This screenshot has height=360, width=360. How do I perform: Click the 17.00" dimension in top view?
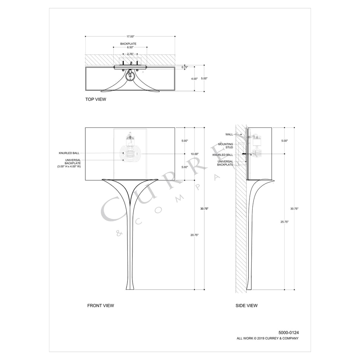pos(130,36)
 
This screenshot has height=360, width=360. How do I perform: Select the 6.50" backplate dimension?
pos(130,47)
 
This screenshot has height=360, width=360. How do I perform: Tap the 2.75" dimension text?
pos(130,54)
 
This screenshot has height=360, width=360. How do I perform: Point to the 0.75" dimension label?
pos(185,67)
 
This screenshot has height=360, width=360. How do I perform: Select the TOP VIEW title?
pos(96,99)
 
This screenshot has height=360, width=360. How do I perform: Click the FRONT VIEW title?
pos(100,306)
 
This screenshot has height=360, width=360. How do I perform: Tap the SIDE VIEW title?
pos(247,306)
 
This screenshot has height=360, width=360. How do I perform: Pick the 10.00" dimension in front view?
pos(195,154)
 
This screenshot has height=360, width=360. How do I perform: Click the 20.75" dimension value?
pos(195,235)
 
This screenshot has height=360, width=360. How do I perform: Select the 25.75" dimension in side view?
pos(284,222)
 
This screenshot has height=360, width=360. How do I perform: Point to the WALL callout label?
pos(229,134)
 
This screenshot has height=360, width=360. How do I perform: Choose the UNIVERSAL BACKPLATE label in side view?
pos(225,163)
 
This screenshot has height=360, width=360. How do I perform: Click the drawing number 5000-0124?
pos(288,332)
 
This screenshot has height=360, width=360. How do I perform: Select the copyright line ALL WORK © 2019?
pos(267,338)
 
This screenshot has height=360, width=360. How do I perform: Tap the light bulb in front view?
pos(130,154)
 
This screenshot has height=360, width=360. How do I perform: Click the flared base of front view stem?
pos(130,286)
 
